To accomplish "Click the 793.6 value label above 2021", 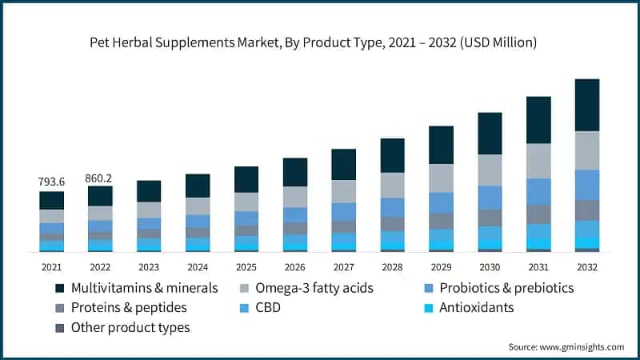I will pos(51,182).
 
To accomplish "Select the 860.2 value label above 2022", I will pos(100,178).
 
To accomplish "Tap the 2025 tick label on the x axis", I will pos(246,266).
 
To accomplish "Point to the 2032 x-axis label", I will pos(586,266).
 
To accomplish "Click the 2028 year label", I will pos(392,266).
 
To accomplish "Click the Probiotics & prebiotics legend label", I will pos(500,287).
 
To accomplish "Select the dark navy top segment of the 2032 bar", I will pos(586,105).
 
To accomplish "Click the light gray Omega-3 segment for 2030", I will pos(490,170).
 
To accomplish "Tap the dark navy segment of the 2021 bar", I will pos(51,200).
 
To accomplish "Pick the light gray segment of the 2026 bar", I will pos(294,197).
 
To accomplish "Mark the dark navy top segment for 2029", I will pos(441,145).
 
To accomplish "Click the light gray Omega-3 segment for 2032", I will pos(586,150).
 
